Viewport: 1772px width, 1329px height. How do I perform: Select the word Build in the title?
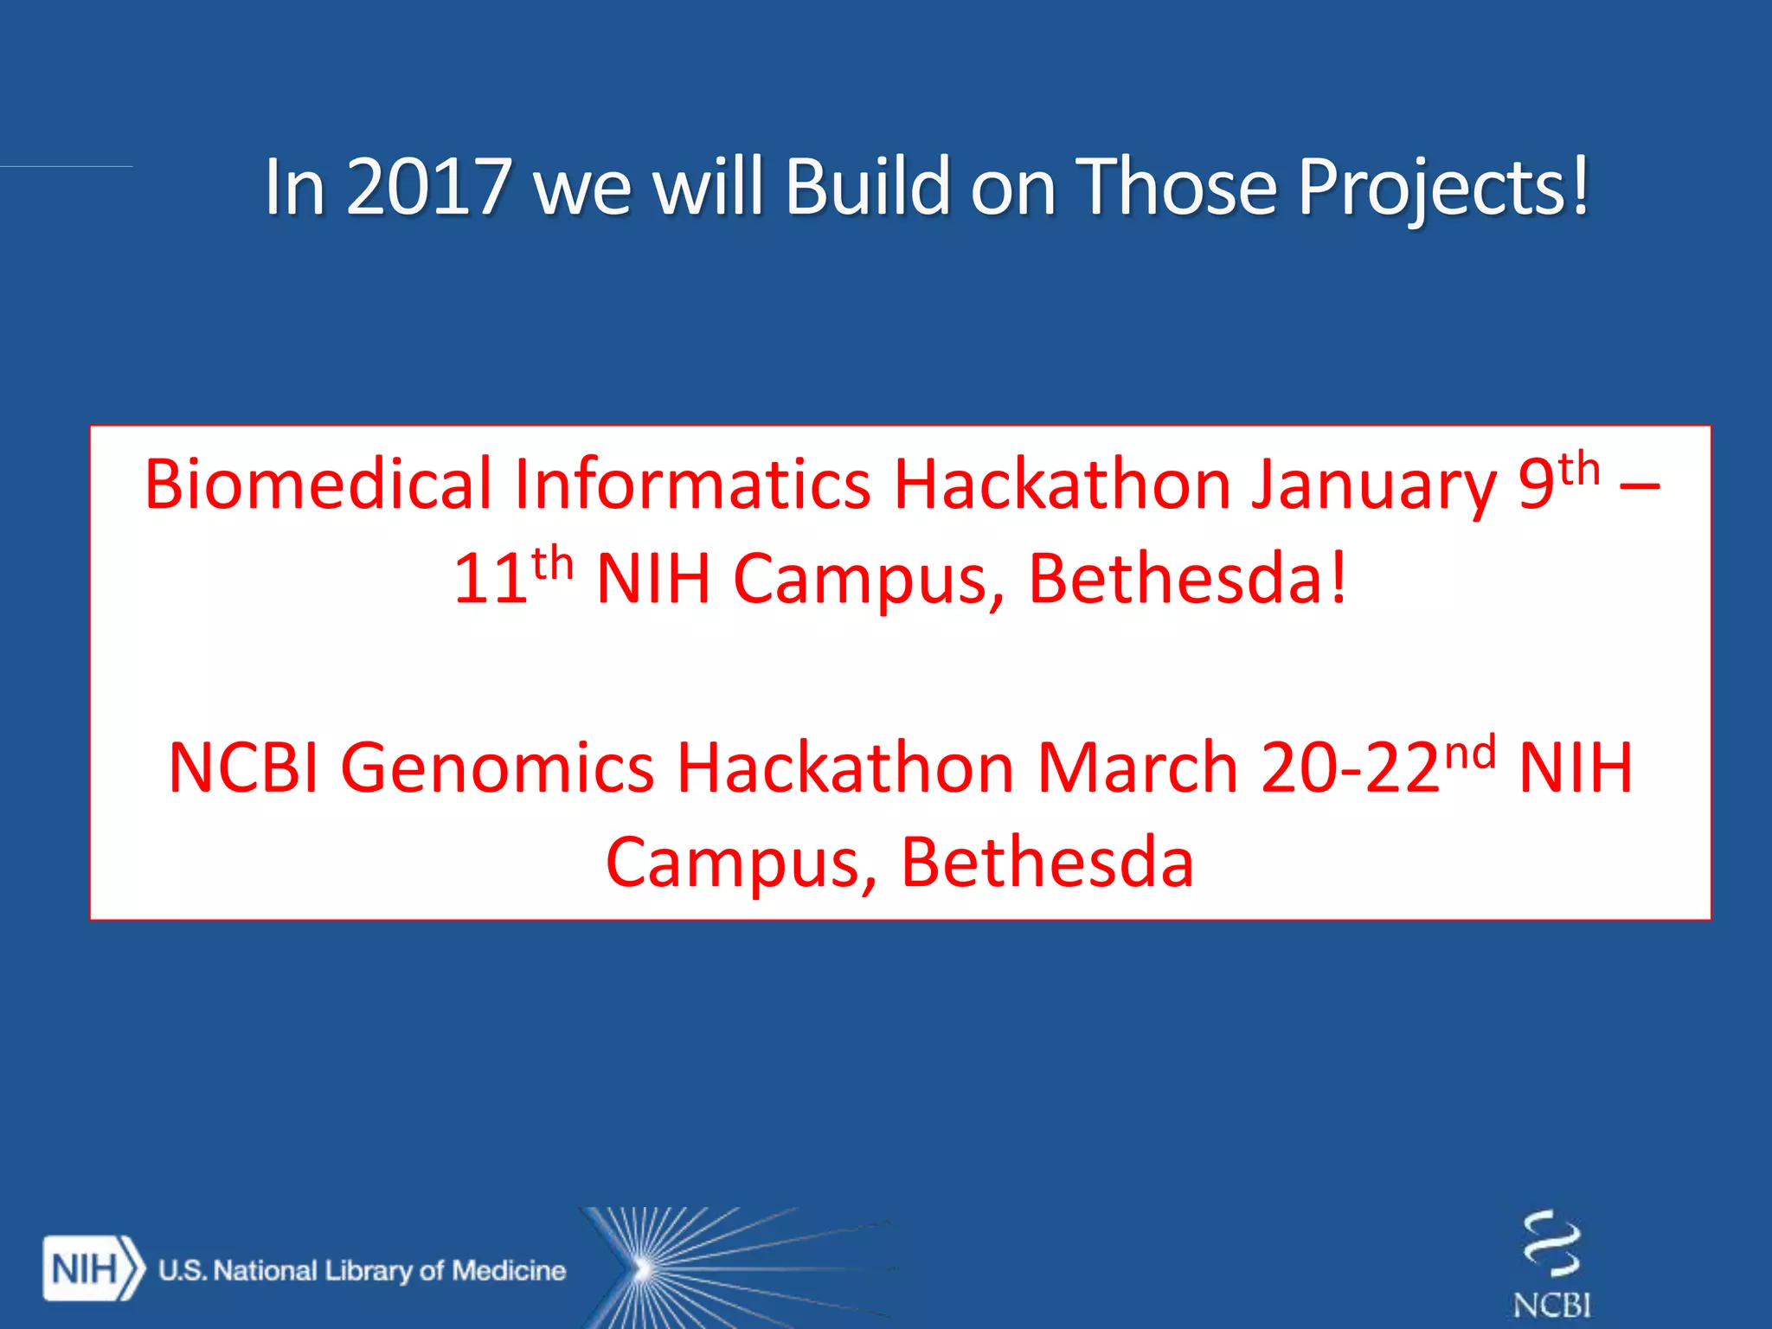[x=868, y=186]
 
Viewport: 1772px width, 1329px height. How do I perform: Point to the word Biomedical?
[x=318, y=485]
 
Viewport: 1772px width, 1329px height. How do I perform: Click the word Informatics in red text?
[x=692, y=485]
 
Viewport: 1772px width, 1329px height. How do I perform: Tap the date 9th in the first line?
[x=1557, y=481]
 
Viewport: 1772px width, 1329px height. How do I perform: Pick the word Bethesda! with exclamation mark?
[x=1187, y=578]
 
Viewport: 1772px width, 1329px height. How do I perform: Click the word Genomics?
[x=498, y=768]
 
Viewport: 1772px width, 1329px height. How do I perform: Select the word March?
[x=1137, y=768]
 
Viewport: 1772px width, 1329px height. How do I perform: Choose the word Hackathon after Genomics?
[x=844, y=768]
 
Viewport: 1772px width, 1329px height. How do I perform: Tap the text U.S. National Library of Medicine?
[x=362, y=1270]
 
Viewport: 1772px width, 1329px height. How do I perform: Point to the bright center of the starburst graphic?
[x=642, y=1269]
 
